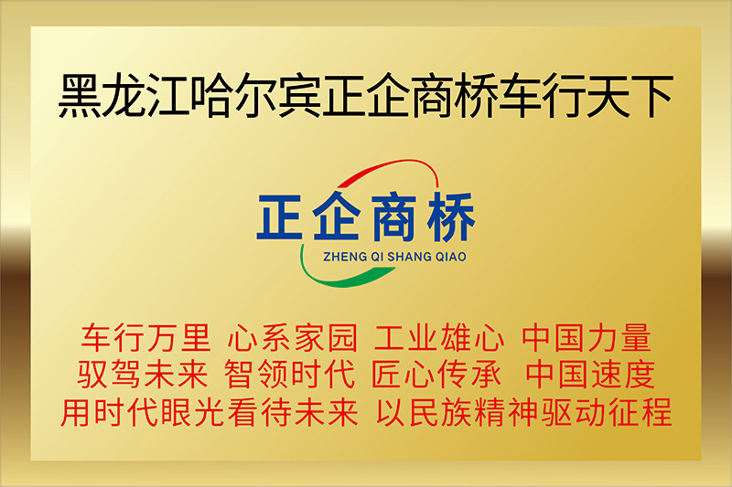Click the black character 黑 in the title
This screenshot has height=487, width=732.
80,96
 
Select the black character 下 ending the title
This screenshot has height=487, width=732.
651,96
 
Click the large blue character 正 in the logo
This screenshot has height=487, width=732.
280,217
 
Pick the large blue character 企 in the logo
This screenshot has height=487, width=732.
337,217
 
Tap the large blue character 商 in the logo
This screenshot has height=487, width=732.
393,217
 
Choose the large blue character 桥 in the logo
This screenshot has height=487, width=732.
451,217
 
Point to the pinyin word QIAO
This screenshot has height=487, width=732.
451,257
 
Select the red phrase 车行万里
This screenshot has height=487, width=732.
145,338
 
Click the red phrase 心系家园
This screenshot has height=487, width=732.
292,338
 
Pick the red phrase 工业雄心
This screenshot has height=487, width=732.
439,338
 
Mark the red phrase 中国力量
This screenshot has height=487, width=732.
587,338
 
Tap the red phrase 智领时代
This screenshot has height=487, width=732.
289,375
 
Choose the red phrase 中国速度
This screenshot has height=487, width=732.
590,375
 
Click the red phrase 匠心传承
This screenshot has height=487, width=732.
436,375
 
